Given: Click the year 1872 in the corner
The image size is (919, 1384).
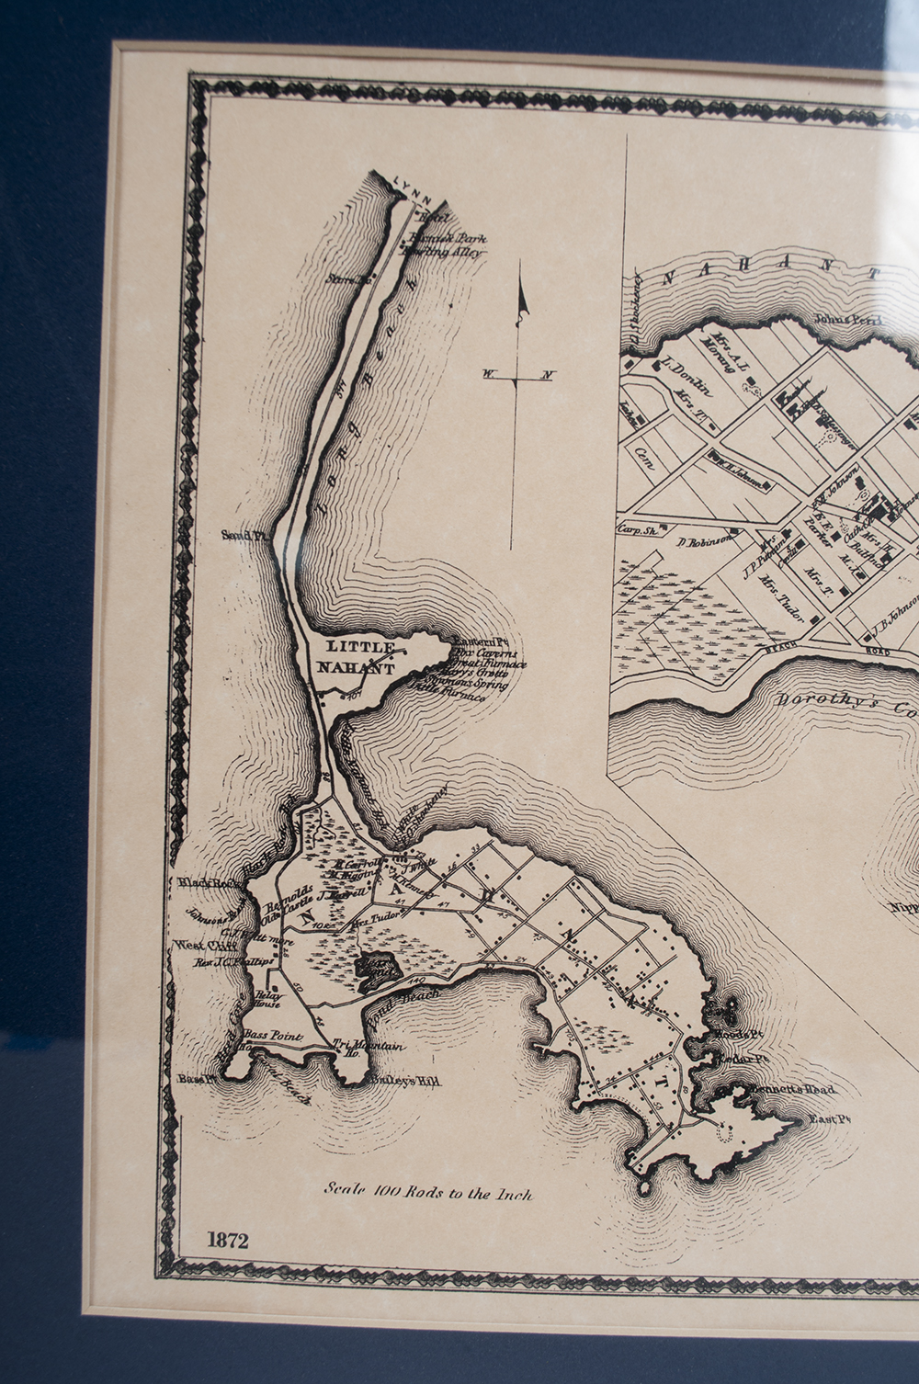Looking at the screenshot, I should click(228, 1241).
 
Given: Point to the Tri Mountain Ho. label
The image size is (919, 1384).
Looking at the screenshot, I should click(369, 1049).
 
